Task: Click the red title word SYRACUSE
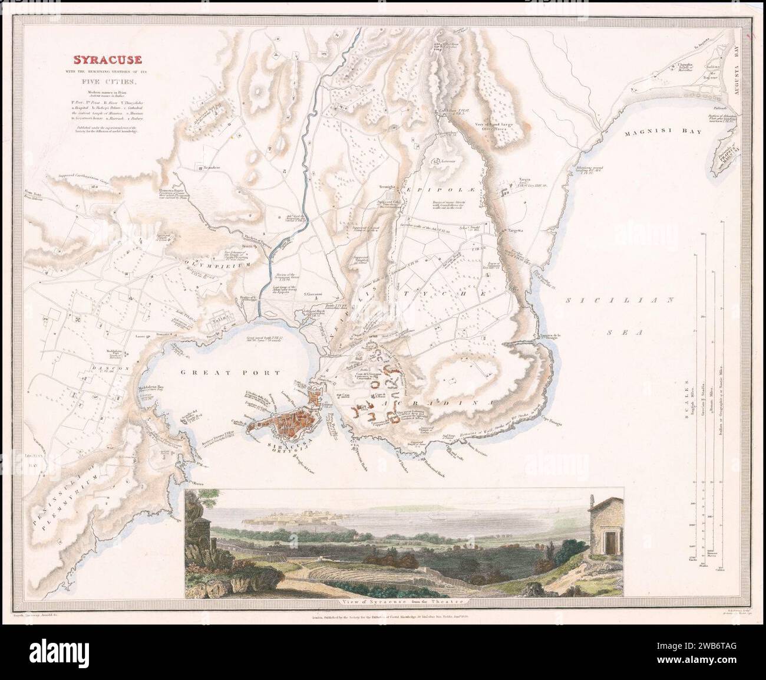(107, 60)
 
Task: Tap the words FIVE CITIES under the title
(107, 82)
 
